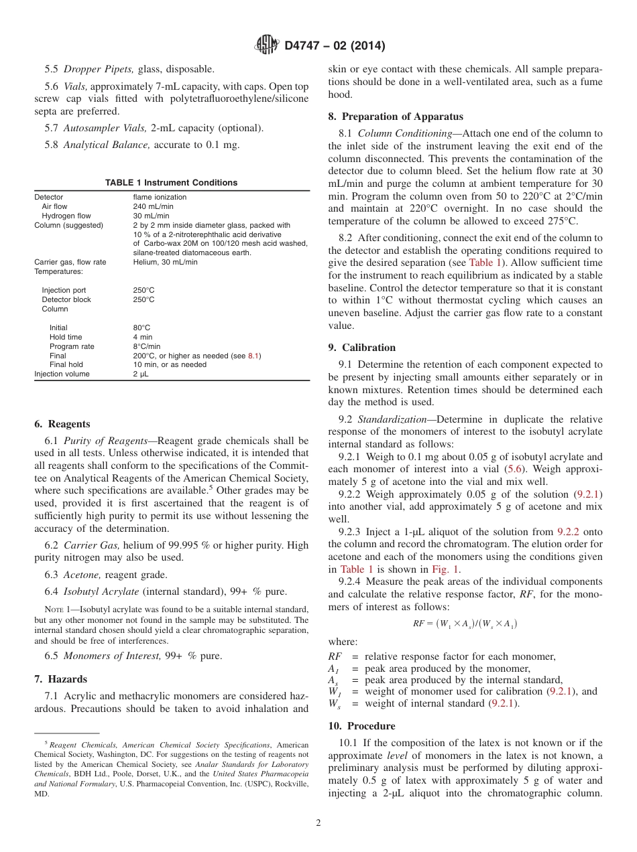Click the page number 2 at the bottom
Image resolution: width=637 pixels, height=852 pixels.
[x=318, y=823]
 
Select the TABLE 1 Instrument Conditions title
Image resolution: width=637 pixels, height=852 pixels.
[x=171, y=182]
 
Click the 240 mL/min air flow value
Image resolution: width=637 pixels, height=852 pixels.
[x=153, y=207]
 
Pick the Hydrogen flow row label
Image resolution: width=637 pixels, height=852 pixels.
[x=66, y=216]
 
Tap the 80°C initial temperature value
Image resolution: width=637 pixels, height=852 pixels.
[x=141, y=328]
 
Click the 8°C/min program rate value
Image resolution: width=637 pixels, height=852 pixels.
[x=147, y=346]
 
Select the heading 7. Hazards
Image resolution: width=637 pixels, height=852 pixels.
[x=60, y=680]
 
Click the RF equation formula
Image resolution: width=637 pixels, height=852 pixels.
[x=465, y=624]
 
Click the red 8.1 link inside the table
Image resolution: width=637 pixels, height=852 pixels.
[x=254, y=356]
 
